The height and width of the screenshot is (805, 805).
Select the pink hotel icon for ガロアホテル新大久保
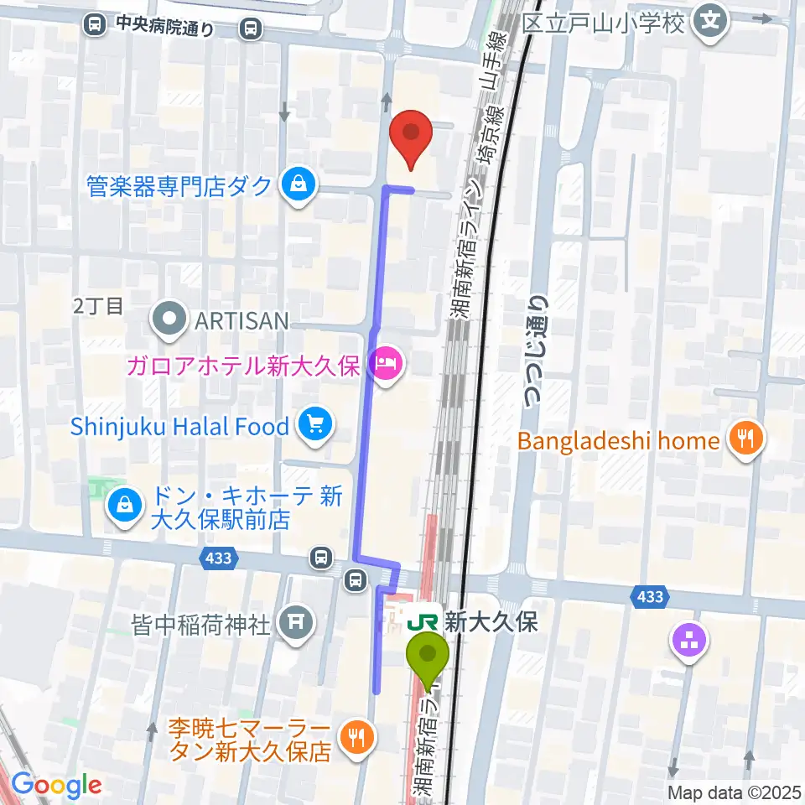point(386,365)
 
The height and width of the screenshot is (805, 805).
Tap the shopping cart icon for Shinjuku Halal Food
point(314,425)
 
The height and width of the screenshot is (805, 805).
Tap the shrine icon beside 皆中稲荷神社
point(293,623)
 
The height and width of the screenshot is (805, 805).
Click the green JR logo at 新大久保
point(423,621)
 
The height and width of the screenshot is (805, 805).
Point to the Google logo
point(56,785)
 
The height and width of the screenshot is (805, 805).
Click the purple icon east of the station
point(688,641)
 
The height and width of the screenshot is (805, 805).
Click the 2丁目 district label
point(98,306)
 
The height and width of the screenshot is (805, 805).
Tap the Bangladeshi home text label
point(618,440)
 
